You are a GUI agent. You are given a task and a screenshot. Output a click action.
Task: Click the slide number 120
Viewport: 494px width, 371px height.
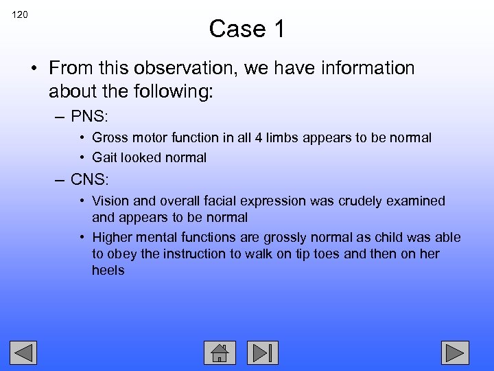(x=19, y=14)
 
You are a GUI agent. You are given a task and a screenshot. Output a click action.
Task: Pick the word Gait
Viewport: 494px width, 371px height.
(x=105, y=158)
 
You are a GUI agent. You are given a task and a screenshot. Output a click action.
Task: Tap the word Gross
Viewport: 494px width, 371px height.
(x=110, y=138)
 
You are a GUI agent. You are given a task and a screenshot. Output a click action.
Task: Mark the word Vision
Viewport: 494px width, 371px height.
(x=110, y=201)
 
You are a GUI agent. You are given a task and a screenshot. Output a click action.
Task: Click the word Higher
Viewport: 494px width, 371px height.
(x=112, y=238)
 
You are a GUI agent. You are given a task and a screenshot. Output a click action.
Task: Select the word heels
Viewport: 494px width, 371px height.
(x=108, y=271)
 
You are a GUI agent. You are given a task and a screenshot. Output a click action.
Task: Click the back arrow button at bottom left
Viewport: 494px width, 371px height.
(x=23, y=352)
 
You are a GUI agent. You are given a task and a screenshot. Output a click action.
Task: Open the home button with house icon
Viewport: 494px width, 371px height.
(x=220, y=352)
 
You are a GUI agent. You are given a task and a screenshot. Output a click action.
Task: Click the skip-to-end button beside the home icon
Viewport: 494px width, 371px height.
(x=263, y=352)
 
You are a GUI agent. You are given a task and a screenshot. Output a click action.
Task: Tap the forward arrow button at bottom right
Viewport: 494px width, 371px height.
(x=454, y=352)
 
